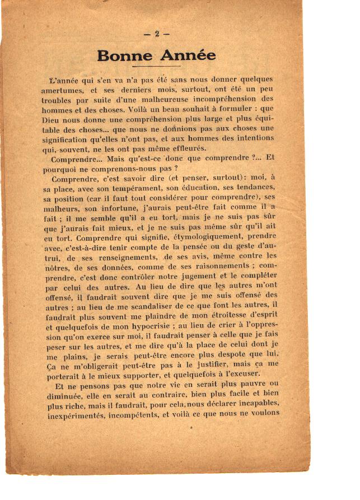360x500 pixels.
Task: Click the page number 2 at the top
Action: [157, 34]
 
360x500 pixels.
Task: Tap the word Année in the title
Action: [188, 56]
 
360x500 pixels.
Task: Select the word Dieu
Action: [55, 120]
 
